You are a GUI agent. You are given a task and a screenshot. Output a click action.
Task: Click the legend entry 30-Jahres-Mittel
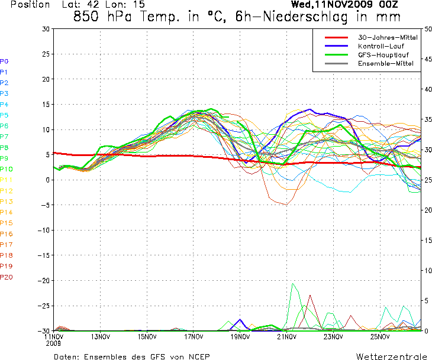click(388, 37)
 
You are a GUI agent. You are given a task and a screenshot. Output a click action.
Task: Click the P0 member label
click(4, 61)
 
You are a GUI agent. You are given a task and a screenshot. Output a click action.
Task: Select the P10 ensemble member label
click(6, 169)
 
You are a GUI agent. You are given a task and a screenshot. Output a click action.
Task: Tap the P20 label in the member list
click(6, 277)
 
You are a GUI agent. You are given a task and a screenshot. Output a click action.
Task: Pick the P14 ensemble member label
click(6, 212)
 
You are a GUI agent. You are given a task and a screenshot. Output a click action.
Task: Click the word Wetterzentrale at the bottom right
click(391, 356)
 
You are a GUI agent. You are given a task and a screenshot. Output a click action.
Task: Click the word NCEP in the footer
click(197, 356)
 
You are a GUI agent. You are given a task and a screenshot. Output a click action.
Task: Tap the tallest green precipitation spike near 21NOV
click(292, 284)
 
